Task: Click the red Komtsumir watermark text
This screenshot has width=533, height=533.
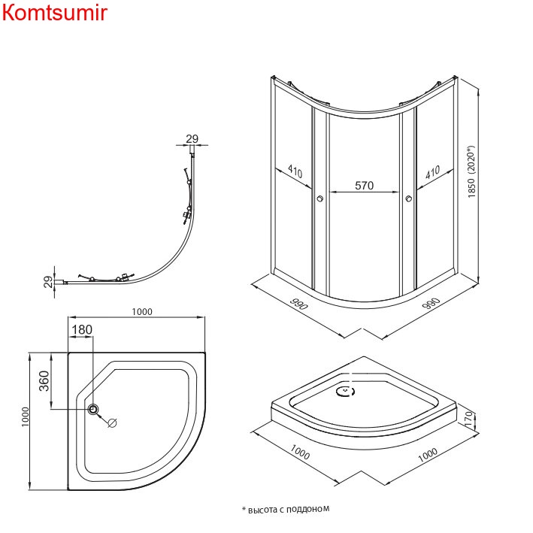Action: (55, 13)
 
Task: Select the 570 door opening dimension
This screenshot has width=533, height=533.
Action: (364, 186)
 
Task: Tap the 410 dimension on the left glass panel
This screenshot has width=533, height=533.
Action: (294, 173)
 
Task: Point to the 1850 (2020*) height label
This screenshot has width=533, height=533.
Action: (472, 171)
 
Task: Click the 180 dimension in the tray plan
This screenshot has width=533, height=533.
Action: (82, 330)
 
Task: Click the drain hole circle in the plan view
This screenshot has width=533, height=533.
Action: (94, 409)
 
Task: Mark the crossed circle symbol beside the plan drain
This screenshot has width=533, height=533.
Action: (113, 422)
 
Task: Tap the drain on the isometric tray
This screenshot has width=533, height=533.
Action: (347, 390)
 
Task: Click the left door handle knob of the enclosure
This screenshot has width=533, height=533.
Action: (319, 198)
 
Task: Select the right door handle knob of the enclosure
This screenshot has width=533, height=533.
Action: (409, 198)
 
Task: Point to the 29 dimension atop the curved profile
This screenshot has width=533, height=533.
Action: (192, 138)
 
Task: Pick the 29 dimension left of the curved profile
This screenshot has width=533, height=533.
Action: (47, 281)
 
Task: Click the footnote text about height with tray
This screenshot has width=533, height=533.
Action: (286, 509)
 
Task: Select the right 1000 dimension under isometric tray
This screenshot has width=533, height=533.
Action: (427, 455)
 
